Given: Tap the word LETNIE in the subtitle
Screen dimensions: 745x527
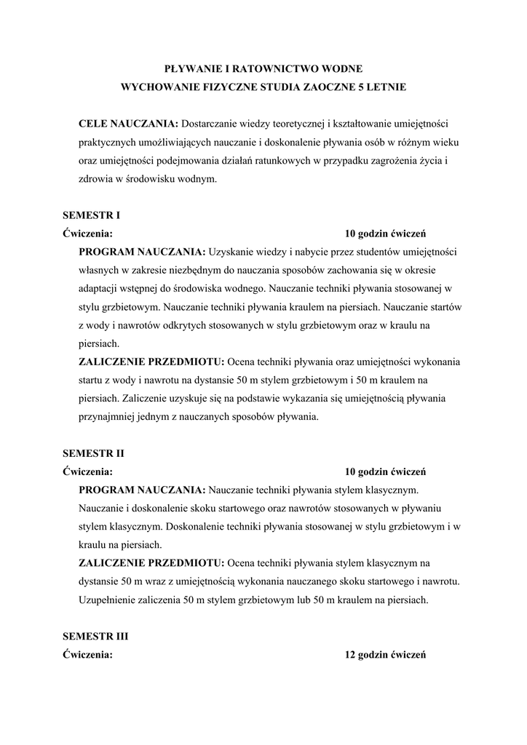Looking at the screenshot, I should point(387,87).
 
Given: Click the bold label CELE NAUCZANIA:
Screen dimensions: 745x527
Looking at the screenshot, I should point(128,123).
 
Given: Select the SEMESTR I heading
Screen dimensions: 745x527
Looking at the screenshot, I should point(91,215).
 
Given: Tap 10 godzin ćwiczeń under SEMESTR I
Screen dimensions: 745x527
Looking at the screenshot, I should point(385,234).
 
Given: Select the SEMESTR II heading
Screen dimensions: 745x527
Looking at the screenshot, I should point(93,453).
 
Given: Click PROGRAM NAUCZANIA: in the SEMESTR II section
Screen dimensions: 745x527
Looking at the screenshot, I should point(143,490).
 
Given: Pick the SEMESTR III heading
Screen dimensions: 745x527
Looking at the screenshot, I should point(95,636).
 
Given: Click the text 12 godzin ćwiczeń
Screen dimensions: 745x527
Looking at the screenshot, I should point(385,655).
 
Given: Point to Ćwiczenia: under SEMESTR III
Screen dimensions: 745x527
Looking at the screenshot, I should point(87,655).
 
